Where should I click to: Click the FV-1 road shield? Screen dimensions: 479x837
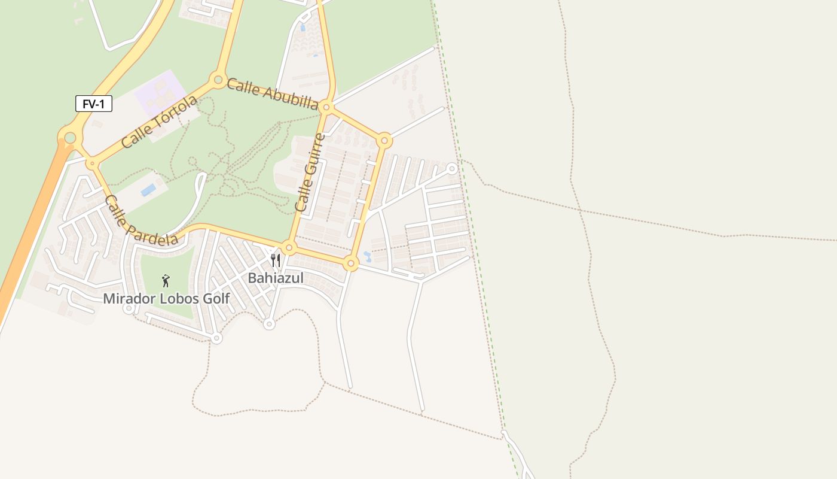coord(94,104)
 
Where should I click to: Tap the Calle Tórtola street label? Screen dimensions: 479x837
coord(159,122)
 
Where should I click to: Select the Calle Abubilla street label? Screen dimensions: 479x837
coord(272,94)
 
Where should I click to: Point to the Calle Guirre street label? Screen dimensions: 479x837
coord(310,172)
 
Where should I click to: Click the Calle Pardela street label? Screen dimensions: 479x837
coord(141,220)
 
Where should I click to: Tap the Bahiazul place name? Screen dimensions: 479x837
coord(276,278)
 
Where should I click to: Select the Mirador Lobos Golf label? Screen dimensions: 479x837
coord(166,298)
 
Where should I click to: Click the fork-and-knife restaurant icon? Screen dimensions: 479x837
coord(275,260)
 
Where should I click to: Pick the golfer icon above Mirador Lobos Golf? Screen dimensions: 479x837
coord(166,280)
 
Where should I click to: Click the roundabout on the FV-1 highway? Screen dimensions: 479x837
coord(70,138)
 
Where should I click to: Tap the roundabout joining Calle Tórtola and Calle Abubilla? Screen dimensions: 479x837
coord(217,79)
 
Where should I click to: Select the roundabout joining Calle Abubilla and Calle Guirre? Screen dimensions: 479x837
coord(326,107)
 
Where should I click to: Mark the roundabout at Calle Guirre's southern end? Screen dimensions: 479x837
coord(289,247)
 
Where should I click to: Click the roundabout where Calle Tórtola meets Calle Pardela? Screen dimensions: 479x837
coord(91,163)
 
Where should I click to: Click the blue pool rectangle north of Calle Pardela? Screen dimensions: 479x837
coord(148,190)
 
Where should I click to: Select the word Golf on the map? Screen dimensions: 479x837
coord(215,298)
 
